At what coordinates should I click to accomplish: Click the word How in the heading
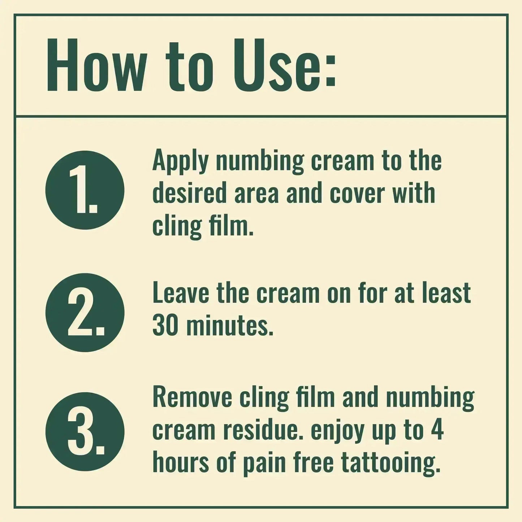click(95, 65)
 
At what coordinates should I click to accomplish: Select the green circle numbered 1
click(85, 190)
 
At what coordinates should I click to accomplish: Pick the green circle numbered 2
click(85, 312)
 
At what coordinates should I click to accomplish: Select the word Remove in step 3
click(193, 397)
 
